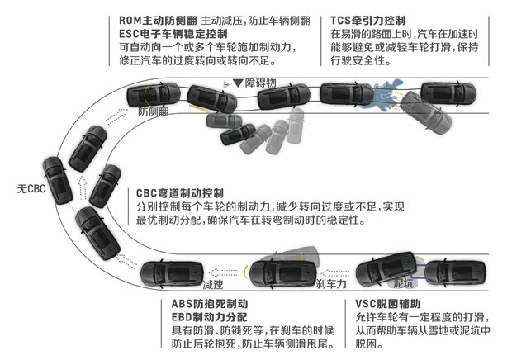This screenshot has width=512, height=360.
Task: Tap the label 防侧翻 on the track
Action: (x=154, y=111)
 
